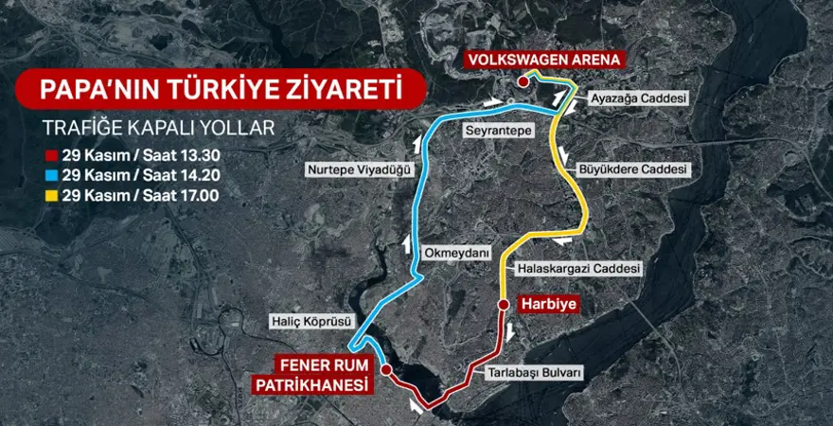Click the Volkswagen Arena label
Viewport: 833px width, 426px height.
coord(544,59)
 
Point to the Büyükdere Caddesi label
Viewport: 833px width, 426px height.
coord(632,169)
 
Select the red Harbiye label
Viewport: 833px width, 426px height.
coord(548,305)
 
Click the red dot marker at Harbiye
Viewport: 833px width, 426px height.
coord(502,305)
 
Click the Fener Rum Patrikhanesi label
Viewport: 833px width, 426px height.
coord(311,373)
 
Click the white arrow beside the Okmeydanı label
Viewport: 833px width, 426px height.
coord(407,243)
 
